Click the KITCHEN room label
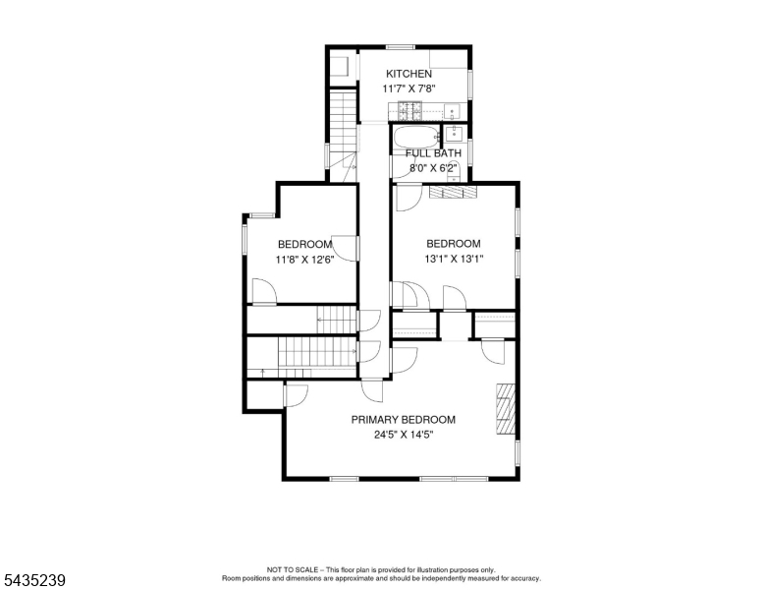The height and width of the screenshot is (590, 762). (408, 74)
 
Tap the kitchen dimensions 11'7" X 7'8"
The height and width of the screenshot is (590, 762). (408, 88)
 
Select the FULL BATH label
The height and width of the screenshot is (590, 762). (433, 153)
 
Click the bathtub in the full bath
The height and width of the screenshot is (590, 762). (416, 138)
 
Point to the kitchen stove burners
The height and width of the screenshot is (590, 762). (409, 110)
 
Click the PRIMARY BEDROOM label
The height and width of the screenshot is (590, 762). (404, 420)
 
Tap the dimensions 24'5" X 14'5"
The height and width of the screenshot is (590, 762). (404, 435)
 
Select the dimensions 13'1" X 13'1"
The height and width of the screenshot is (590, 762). (454, 259)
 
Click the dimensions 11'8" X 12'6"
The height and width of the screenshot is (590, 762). (304, 260)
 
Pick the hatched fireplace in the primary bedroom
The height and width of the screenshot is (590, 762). (506, 409)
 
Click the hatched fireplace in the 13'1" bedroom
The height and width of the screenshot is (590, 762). (453, 192)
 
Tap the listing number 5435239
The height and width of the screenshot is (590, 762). (34, 580)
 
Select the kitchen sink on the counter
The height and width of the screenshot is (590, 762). (452, 111)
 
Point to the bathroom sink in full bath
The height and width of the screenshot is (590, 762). (454, 134)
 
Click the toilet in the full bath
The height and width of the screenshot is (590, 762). (453, 171)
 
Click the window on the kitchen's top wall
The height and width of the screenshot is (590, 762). (401, 47)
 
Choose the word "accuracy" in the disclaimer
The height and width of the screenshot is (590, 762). (525, 579)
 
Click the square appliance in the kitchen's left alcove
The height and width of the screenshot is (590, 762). (340, 66)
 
